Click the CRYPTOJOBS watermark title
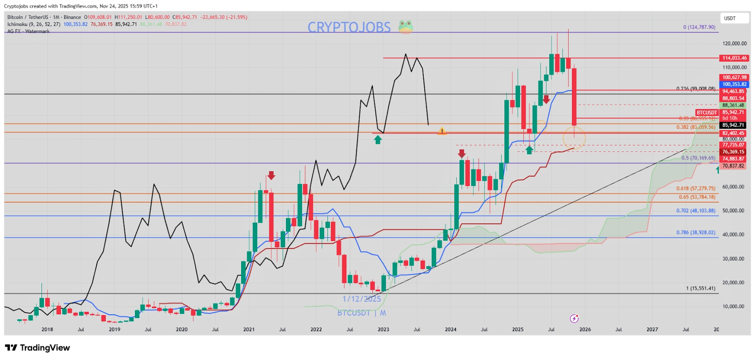(349, 27)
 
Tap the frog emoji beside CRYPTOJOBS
(405, 27)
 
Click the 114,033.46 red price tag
(734, 58)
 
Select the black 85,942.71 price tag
(733, 125)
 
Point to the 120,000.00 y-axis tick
(734, 43)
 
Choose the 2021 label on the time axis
(249, 329)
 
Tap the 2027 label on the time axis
(652, 329)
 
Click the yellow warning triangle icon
(442, 131)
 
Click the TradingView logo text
(38, 348)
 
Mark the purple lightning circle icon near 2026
(574, 318)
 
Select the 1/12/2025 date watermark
(361, 299)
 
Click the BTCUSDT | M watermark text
(361, 313)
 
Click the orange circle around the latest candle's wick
(574, 138)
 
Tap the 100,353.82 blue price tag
(734, 84)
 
